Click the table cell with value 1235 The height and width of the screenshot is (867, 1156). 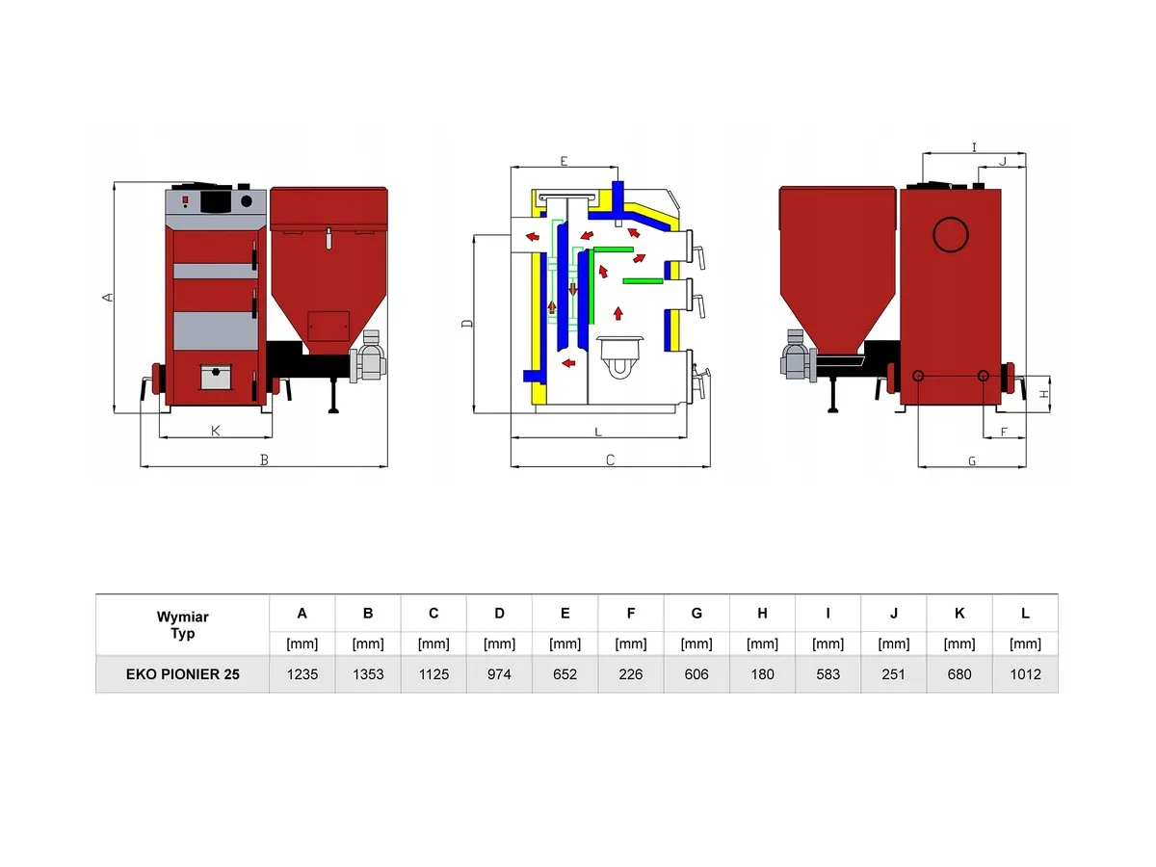302,674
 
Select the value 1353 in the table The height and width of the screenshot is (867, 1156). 368,674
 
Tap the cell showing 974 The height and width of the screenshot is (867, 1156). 499,674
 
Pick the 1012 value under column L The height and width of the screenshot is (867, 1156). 1025,674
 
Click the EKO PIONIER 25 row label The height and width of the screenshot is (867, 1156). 182,674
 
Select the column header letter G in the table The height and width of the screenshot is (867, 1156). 696,614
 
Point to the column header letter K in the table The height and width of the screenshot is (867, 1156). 959,614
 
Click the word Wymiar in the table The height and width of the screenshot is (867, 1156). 182,617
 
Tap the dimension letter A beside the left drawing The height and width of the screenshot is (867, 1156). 108,298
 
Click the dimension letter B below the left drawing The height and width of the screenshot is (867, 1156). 264,460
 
